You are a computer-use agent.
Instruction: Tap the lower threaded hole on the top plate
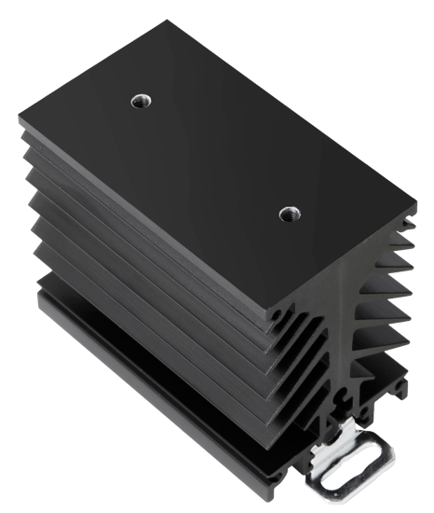click(287, 215)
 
